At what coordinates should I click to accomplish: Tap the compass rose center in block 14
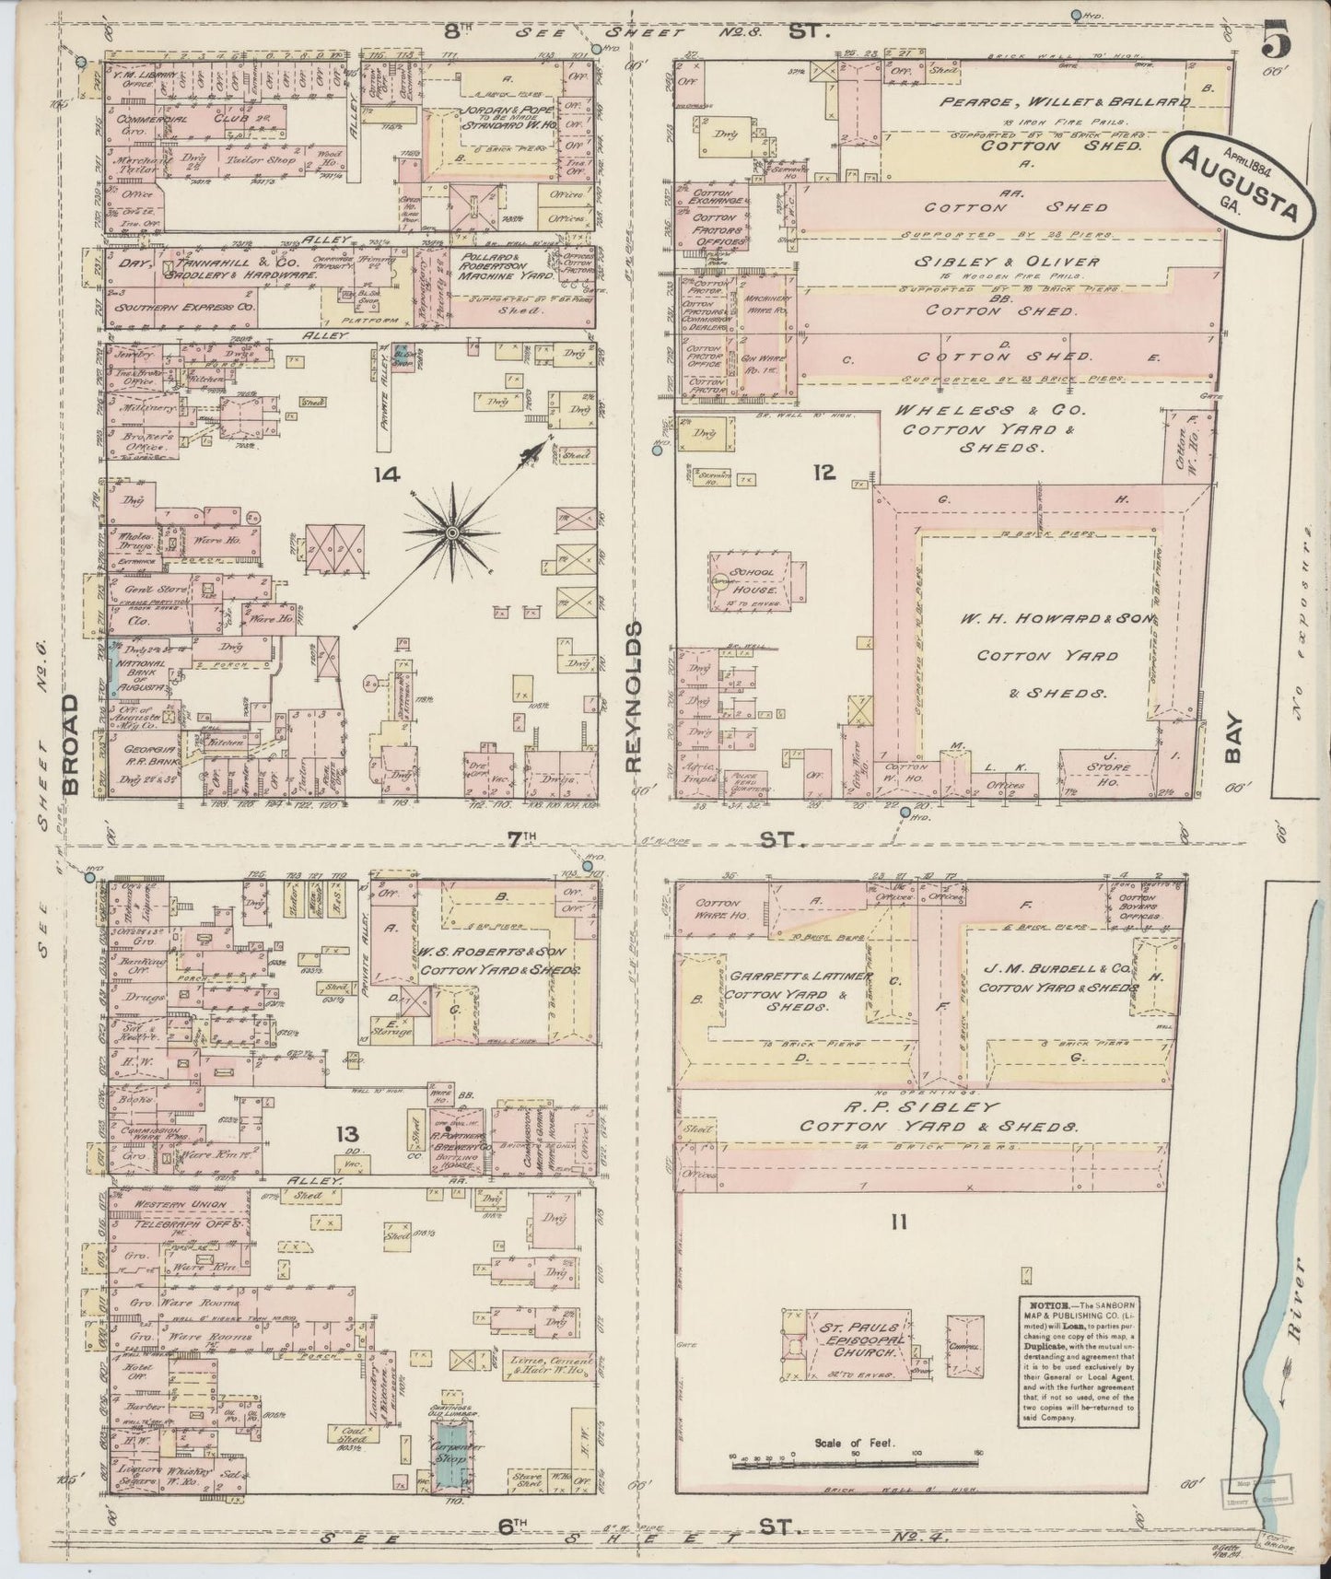pyautogui.click(x=452, y=533)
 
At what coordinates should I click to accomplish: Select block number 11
pyautogui.click(x=899, y=1222)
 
